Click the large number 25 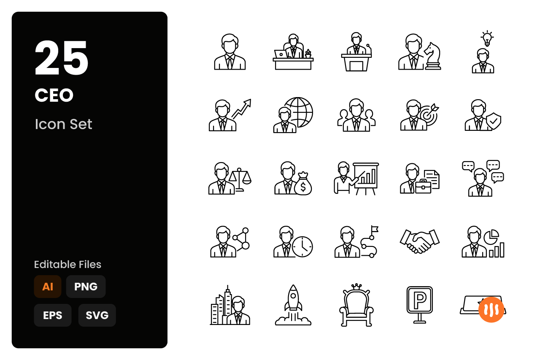click(62, 58)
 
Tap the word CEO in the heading click(54, 95)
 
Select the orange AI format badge click(48, 287)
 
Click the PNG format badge click(86, 287)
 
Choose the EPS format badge click(53, 315)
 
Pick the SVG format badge click(97, 315)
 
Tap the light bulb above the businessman click(487, 38)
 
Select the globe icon click(299, 112)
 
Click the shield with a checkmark click(494, 121)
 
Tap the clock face click(302, 247)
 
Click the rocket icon click(293, 305)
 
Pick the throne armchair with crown click(356, 305)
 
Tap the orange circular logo click(491, 310)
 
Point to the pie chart click(491, 237)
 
